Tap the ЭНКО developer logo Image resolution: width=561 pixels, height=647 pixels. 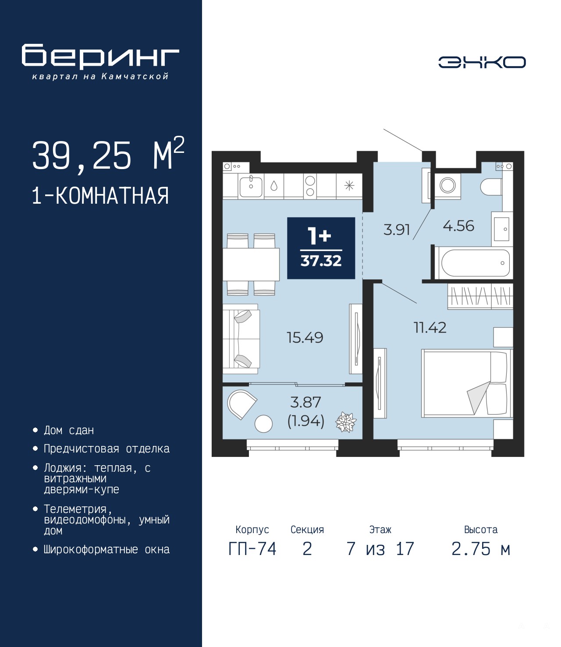click(x=482, y=62)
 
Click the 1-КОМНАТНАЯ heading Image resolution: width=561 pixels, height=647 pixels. click(x=100, y=196)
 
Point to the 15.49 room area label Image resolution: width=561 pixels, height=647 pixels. click(x=305, y=337)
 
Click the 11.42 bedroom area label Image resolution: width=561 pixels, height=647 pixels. click(x=430, y=327)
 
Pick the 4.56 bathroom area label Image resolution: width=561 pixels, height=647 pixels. click(x=458, y=226)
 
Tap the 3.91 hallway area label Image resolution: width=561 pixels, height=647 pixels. click(x=397, y=230)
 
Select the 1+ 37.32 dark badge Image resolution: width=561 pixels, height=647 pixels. click(x=321, y=248)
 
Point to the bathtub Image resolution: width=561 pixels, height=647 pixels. click(x=475, y=263)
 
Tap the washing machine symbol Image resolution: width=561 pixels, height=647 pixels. click(x=447, y=185)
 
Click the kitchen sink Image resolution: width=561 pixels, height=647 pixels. click(x=251, y=186)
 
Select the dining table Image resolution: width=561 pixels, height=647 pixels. click(x=251, y=265)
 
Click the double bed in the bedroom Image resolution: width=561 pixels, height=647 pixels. click(x=467, y=383)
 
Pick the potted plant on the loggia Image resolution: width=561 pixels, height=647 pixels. click(x=346, y=422)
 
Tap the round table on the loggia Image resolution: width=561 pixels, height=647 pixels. click(x=263, y=424)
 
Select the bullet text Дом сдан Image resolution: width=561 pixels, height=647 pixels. click(x=69, y=431)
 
